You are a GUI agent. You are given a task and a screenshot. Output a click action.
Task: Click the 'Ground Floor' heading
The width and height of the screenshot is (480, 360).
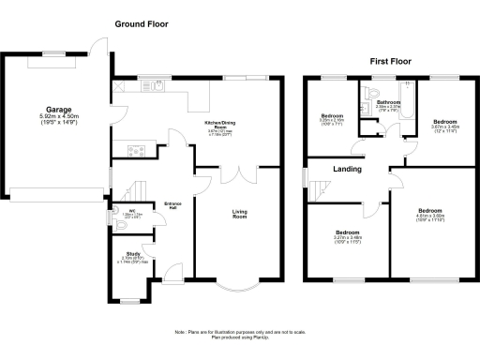(148, 22)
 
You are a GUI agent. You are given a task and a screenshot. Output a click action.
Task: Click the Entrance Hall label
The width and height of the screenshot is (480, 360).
(172, 206)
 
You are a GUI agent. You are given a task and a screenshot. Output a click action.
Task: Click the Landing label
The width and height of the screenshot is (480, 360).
(349, 170)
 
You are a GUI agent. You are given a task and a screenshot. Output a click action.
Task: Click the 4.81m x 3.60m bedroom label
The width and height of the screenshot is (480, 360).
(430, 215)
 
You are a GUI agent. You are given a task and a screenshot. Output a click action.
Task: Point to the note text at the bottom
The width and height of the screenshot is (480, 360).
(239, 336)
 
